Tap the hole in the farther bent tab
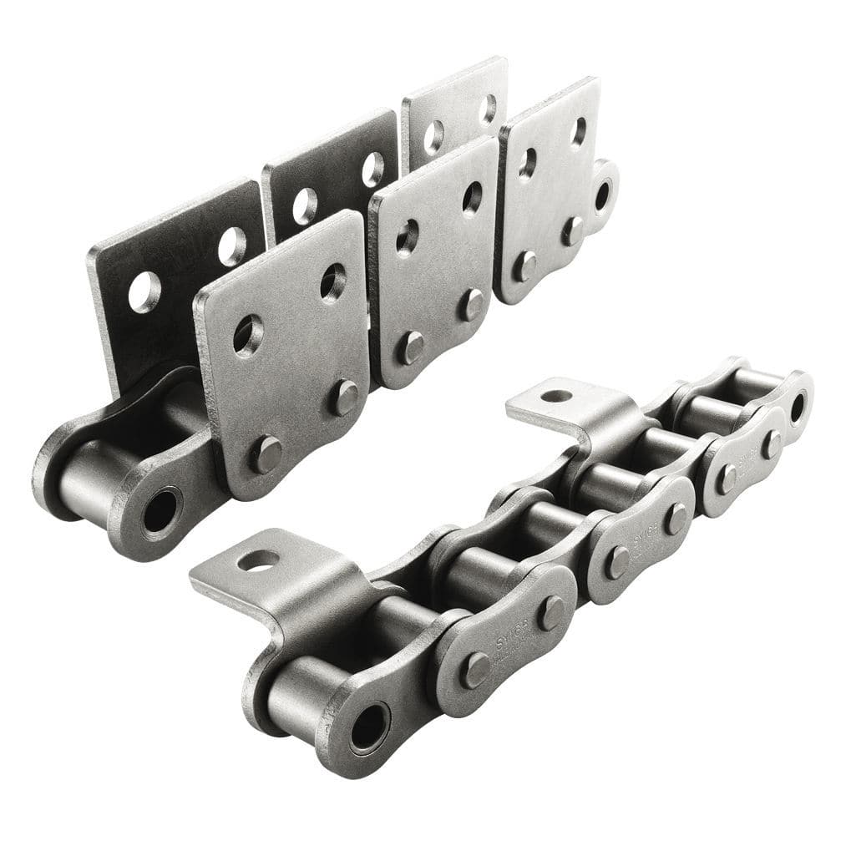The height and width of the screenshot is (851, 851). [556, 395]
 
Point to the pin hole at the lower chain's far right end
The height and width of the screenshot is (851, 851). [797, 408]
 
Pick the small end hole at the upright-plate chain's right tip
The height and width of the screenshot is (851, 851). [602, 195]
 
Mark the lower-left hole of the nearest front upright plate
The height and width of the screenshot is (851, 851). [248, 335]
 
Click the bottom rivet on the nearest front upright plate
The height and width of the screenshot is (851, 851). [266, 454]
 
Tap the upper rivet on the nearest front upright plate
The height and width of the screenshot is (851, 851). [342, 398]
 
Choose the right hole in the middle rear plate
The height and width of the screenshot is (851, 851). [372, 169]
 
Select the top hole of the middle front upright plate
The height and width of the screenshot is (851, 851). [472, 198]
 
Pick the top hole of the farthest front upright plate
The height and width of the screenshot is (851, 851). [578, 131]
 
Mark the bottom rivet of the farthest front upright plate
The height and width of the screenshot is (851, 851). [524, 266]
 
